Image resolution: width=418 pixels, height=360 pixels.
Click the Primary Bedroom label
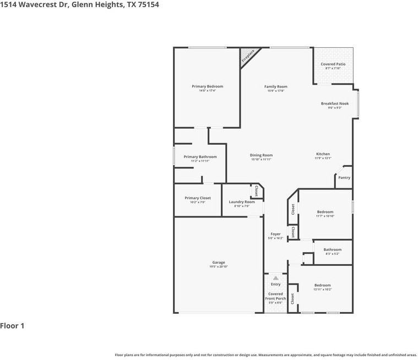coord(207,86)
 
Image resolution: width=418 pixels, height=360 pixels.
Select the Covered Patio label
coord(333,64)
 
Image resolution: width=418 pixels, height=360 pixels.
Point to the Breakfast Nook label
coord(335,103)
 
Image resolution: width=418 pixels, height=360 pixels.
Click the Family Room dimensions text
coord(275,91)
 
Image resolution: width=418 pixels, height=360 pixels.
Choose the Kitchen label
coord(323,154)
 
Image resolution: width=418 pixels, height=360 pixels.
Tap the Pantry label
coord(344,178)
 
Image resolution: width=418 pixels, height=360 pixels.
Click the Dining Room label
coord(262,155)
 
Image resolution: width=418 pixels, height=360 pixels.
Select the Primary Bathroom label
coord(200,157)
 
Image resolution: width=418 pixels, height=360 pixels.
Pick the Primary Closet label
coord(198,198)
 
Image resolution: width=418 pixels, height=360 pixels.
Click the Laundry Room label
coord(242,202)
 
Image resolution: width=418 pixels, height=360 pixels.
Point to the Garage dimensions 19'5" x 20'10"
coord(219,266)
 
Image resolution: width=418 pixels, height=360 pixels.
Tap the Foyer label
coord(275,234)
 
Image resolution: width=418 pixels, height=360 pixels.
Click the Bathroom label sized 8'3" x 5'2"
coord(333,249)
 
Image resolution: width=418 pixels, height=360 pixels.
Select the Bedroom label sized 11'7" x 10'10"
coord(325,212)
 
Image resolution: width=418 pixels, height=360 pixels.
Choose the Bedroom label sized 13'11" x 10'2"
coord(323,285)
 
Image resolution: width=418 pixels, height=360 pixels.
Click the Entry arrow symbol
coord(276,279)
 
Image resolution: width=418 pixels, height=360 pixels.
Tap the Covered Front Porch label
coord(275,296)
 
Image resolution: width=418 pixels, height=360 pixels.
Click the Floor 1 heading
coord(12,326)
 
